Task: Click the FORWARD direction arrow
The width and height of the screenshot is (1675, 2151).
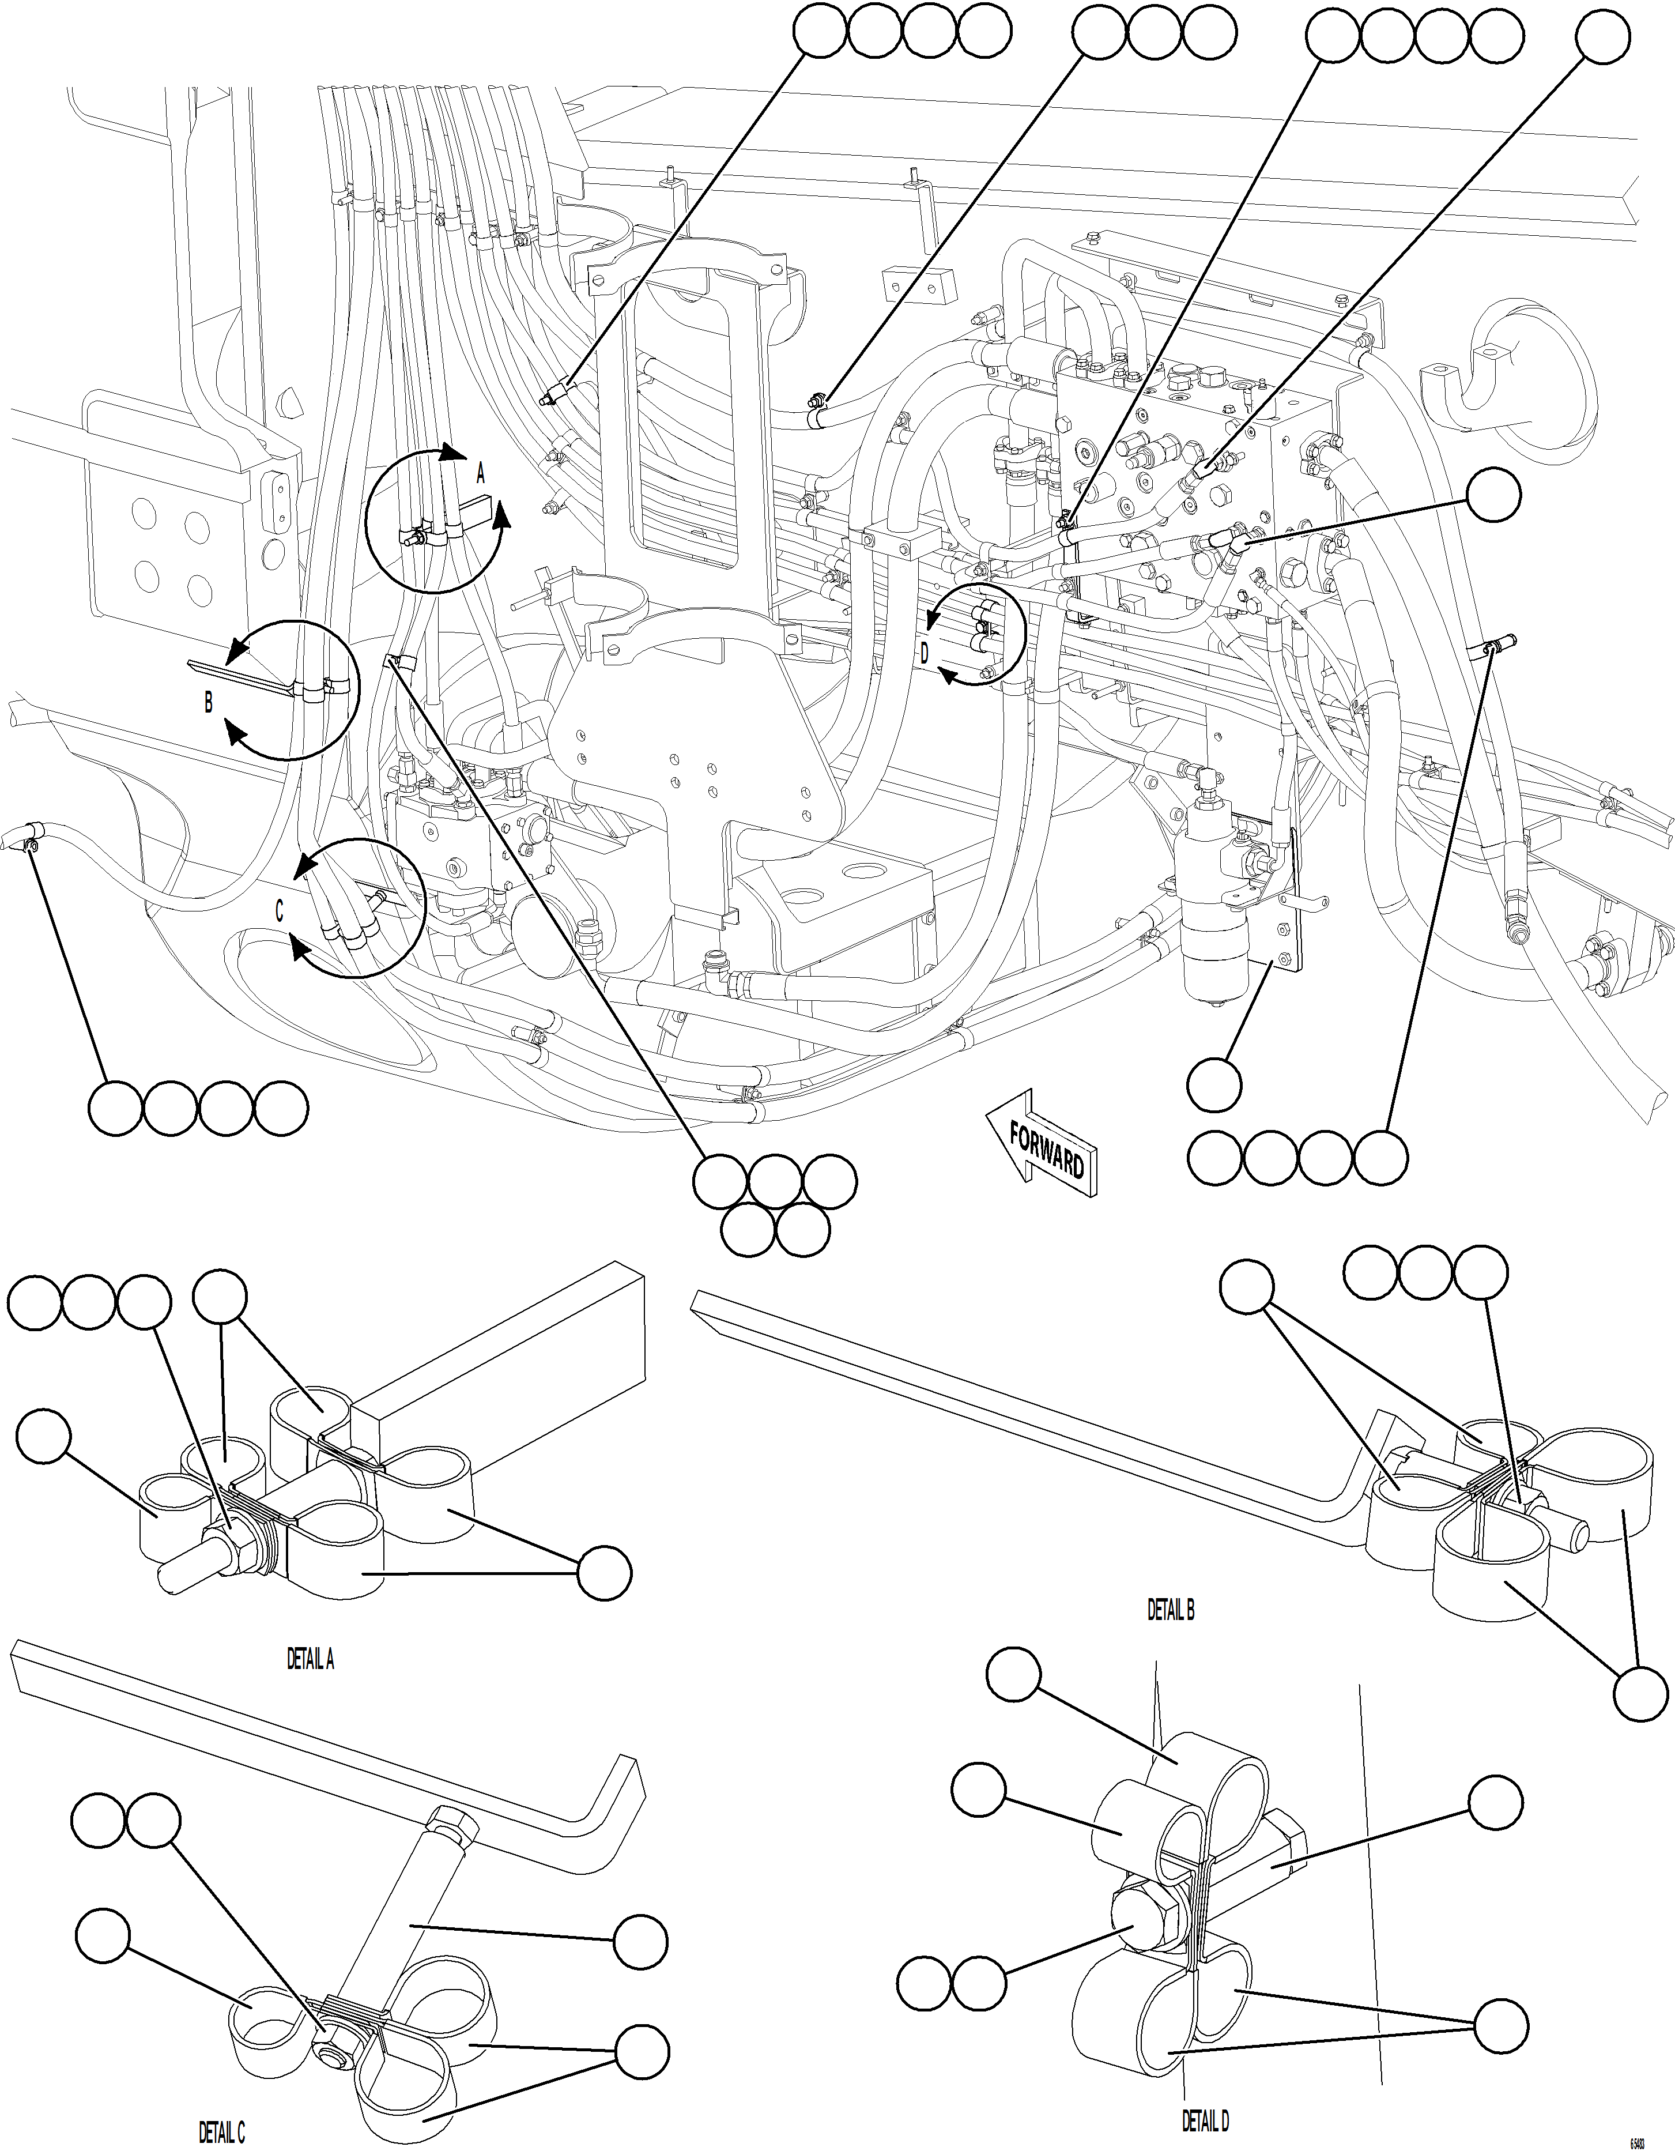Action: [1042, 1144]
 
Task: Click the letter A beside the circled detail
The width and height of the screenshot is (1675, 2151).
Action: [481, 474]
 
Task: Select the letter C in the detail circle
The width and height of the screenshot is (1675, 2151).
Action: [280, 912]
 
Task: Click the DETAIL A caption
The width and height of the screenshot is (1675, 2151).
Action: [310, 1660]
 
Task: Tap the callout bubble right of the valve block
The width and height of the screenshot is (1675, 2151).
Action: [1493, 495]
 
